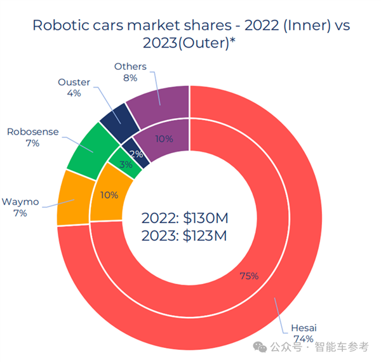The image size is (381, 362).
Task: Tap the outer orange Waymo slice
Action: coord(72,198)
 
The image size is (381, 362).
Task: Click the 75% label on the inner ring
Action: coord(249,275)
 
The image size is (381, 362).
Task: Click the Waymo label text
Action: coord(20,202)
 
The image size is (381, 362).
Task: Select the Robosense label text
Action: coord(32,131)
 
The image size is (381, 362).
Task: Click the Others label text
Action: coord(130,66)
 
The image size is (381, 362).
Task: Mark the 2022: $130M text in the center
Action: coord(184,219)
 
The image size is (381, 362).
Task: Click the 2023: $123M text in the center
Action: coord(184,236)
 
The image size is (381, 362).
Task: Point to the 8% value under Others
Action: coord(130,77)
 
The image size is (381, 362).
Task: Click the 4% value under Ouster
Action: coord(74,93)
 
